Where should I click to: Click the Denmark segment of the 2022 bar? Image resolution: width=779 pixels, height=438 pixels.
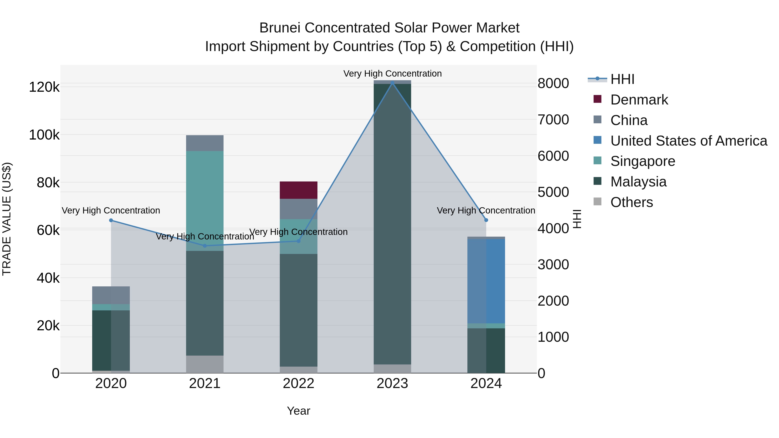point(298,190)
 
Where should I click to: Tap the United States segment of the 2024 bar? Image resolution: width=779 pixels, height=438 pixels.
point(486,281)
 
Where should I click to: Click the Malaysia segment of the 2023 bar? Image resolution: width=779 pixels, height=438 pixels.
point(392,224)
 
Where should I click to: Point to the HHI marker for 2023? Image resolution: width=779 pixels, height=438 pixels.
point(392,83)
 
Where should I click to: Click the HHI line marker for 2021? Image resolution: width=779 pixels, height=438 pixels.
point(204,246)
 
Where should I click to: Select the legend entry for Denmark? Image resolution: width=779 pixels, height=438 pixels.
point(639,100)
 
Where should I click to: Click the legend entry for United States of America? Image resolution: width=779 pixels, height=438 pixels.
point(688,141)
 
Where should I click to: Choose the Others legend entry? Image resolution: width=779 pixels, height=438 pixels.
point(631,202)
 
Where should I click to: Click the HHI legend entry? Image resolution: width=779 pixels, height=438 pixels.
point(622,79)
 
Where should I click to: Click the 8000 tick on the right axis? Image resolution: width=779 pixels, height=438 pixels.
point(553,83)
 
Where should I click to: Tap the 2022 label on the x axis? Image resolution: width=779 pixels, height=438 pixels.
point(298,383)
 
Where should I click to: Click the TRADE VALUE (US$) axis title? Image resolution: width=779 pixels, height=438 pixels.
point(7,219)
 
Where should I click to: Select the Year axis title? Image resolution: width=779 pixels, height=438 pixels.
point(298,411)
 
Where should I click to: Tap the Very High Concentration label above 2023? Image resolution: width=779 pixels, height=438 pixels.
point(392,74)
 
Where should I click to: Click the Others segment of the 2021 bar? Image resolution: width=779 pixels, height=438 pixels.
point(204,364)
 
